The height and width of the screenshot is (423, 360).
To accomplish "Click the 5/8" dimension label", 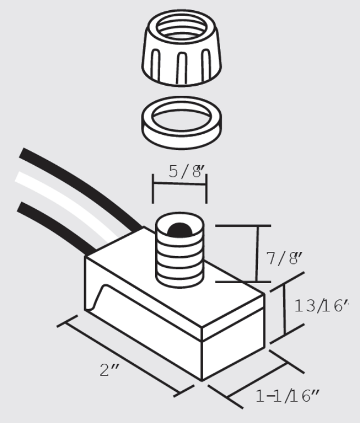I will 180,171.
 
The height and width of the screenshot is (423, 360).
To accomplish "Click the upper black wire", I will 73,175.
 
